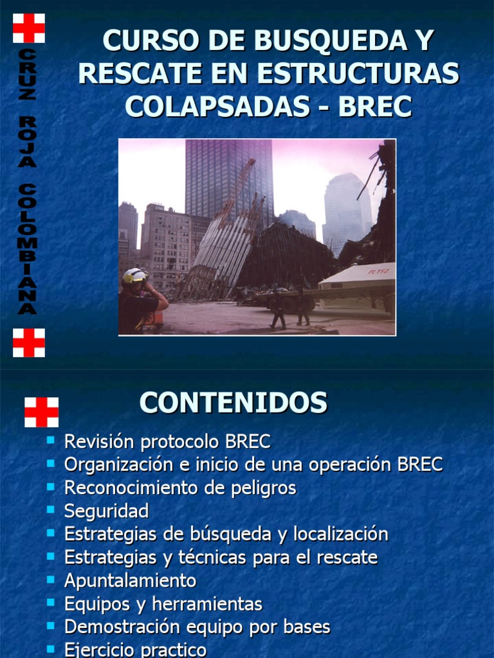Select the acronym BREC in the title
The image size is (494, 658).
(375, 106)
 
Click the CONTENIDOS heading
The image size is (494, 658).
(233, 403)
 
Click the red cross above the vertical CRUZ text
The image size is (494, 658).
(29, 28)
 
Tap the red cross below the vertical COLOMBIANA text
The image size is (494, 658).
(29, 342)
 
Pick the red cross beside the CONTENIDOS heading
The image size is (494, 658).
(41, 412)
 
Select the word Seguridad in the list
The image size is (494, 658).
(106, 511)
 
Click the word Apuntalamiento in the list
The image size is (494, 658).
(130, 581)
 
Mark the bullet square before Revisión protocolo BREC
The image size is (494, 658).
(51, 441)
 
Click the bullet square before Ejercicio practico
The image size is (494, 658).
(51, 650)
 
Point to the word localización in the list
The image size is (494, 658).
(341, 535)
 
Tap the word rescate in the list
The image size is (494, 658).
(347, 558)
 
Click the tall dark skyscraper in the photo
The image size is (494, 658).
(228, 177)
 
